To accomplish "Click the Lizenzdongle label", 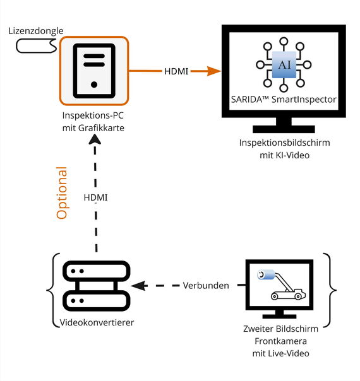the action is coord(36,31).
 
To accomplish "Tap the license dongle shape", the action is coord(37,46).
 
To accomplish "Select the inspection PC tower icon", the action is coord(94,71).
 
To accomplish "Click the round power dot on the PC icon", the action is coord(94,85).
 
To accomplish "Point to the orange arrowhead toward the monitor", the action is coord(213,71).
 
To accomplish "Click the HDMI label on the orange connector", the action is coord(176,71).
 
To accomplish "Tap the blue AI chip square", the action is coord(284,64).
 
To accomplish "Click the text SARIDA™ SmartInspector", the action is coord(284,100).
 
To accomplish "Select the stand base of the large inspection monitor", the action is coord(284,129).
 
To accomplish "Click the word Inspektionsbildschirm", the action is coord(285,143).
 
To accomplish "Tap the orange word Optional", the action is coord(62,193).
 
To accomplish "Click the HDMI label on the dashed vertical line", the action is coord(95,197).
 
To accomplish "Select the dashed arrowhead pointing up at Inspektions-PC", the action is coord(95,139).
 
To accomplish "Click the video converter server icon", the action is coord(97,286).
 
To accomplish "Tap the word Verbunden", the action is coord(206,286).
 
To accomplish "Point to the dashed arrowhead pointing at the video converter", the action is coord(139,286).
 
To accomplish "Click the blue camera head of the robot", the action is coord(266,274).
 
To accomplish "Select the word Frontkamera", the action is coord(280,341).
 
